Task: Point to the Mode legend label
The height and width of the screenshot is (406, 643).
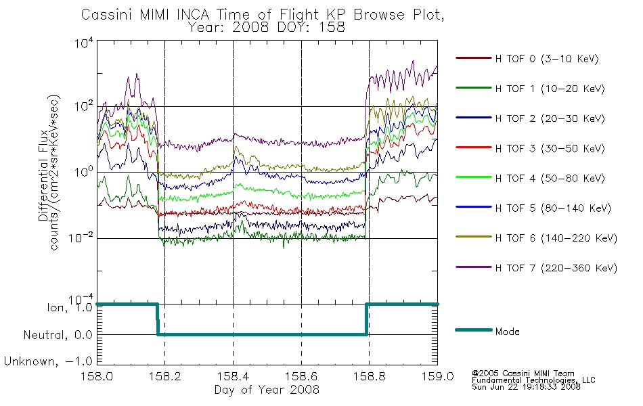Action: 507,332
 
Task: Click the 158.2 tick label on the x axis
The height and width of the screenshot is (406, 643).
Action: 165,376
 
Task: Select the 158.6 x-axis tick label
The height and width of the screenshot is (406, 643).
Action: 301,376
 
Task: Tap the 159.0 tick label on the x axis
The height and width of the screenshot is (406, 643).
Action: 437,376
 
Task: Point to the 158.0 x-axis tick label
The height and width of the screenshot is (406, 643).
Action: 97,376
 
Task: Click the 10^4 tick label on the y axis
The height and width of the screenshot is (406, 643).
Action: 84,43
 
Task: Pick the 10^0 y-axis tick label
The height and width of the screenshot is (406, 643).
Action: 84,172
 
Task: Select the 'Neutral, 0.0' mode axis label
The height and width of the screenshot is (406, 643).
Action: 58,335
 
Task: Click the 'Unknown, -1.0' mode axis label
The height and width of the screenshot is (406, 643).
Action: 48,361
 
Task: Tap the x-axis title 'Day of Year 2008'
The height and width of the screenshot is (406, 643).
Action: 267,390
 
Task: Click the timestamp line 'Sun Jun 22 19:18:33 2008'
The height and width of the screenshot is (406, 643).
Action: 526,387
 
